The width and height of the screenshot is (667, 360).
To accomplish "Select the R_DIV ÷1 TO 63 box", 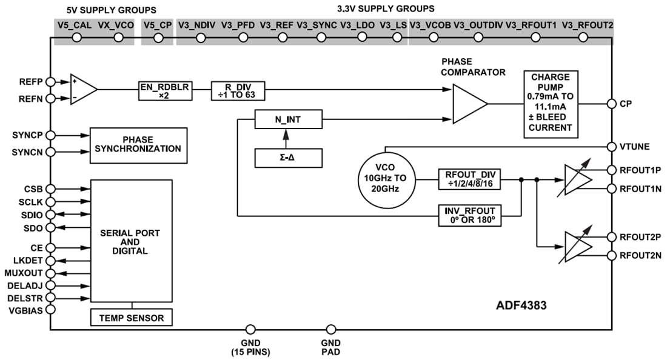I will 238,91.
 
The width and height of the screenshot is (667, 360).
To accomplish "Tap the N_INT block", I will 289,120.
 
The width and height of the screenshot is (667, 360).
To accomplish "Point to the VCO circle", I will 386,179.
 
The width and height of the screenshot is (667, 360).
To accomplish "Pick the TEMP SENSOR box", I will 132,317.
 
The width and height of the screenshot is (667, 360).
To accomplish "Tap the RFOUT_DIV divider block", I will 469,179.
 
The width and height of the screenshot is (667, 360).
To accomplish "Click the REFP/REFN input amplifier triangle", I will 83,90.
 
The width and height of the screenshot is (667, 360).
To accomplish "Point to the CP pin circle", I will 611,104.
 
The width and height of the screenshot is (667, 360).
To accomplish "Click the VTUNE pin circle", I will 611,146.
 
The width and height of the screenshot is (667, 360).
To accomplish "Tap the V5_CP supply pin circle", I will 158,38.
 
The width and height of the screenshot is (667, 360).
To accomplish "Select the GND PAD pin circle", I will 331,329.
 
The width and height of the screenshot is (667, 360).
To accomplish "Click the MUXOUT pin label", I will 23,273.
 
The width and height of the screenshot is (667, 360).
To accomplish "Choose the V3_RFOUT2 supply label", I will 587,25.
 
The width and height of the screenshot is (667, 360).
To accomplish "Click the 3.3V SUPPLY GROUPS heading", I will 385,9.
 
